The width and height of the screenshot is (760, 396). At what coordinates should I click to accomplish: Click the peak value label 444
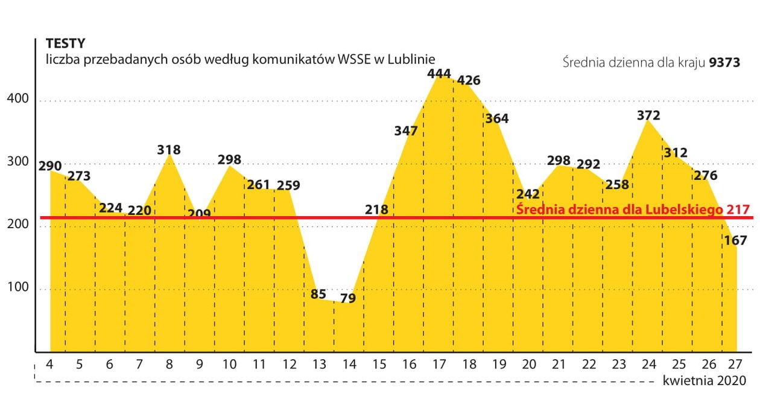439,74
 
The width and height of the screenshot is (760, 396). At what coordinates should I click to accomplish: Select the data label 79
348,298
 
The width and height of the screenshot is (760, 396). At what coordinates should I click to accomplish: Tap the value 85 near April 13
318,295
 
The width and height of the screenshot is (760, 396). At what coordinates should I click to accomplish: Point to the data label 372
648,115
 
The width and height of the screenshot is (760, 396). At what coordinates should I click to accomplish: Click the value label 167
736,240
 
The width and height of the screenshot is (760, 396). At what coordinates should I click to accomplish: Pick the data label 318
168,150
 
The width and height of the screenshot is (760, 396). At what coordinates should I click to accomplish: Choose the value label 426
469,80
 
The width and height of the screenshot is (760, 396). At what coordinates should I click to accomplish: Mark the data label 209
199,213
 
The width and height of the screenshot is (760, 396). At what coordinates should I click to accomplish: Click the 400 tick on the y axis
18,99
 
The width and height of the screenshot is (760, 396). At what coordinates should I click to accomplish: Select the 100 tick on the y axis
18,287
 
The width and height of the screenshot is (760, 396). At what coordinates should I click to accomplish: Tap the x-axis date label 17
439,365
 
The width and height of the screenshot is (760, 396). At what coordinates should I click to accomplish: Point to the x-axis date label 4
49,365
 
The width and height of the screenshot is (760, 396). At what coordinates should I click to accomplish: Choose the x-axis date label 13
319,365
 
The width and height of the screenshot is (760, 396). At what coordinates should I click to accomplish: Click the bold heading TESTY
65,43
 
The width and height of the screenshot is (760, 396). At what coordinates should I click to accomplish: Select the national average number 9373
724,63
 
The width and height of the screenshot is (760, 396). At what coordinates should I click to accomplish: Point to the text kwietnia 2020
704,381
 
